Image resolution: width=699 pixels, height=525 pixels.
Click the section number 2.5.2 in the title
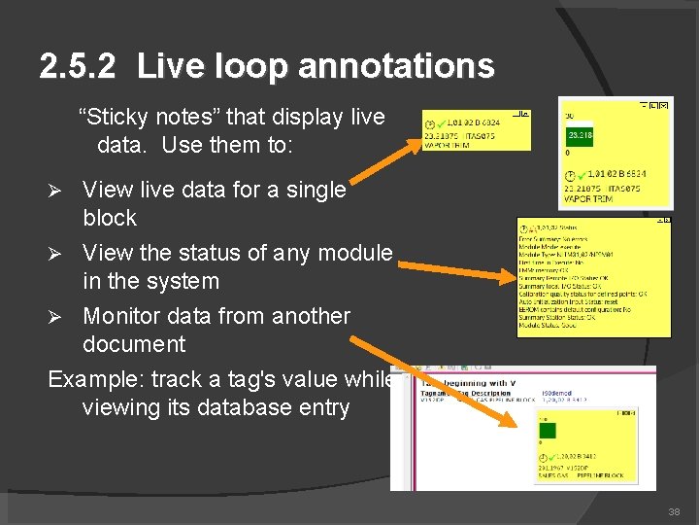[78, 66]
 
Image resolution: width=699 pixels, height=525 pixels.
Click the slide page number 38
[676, 511]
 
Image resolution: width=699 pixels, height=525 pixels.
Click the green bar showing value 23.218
[581, 135]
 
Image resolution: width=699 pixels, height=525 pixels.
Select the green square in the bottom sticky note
[548, 431]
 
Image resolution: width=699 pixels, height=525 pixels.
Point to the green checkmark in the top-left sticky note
[441, 124]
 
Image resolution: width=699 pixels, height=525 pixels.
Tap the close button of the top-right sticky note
[667, 104]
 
